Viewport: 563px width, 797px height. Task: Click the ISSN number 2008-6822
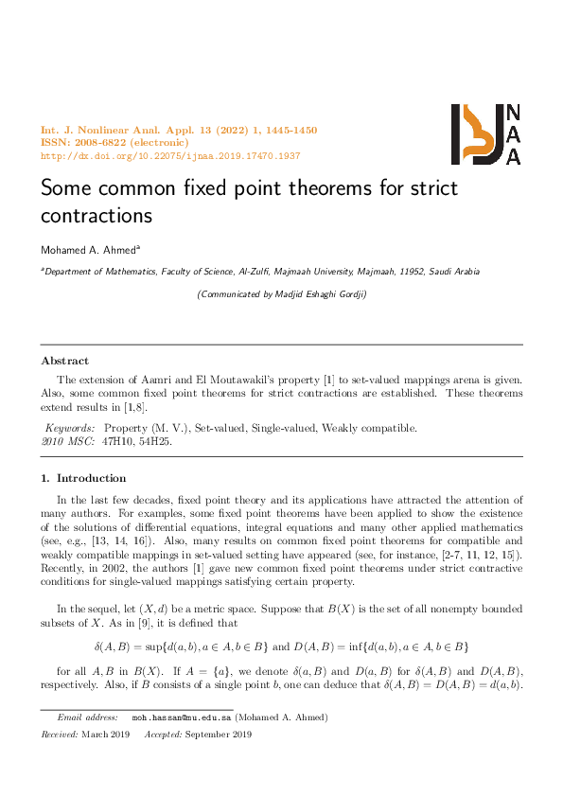[105, 143]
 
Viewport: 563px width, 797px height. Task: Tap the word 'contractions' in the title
[97, 215]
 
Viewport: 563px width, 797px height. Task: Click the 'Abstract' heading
[65, 361]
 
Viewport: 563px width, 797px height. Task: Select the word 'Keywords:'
[70, 428]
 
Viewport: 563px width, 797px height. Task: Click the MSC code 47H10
[117, 441]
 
